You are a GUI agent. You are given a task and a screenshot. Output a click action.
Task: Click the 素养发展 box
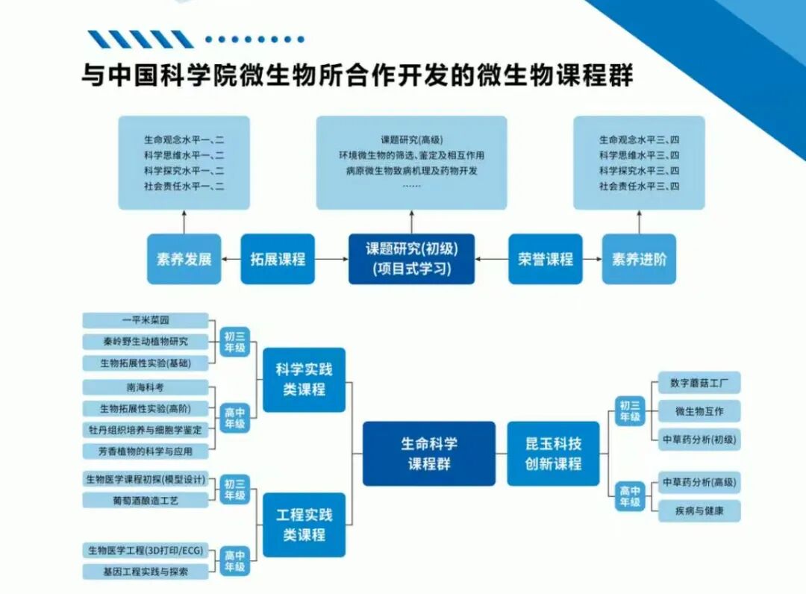(184, 259)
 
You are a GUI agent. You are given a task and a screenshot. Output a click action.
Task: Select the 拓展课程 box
(278, 259)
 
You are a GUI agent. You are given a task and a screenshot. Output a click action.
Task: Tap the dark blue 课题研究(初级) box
(411, 259)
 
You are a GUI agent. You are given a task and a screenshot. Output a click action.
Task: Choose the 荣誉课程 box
(546, 259)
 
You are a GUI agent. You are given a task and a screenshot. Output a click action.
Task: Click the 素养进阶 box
(639, 259)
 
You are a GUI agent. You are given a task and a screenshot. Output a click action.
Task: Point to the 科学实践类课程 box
(304, 379)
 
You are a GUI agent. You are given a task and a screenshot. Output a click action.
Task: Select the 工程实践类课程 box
(304, 525)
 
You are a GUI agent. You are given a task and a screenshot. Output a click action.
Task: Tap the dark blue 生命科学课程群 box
(429, 453)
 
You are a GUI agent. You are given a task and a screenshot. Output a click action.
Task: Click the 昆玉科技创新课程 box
(553, 453)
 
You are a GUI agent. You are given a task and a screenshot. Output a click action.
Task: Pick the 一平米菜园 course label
(146, 320)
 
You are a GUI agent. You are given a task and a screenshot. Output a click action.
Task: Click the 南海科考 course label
(146, 387)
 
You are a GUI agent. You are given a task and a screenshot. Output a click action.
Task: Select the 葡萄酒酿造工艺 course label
(146, 500)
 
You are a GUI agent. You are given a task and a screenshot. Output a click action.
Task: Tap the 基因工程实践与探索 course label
(146, 572)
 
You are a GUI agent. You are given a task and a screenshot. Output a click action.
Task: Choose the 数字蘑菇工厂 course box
(699, 383)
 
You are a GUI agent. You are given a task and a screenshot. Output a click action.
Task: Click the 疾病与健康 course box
(699, 511)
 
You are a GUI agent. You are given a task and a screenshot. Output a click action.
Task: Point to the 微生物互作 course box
(699, 411)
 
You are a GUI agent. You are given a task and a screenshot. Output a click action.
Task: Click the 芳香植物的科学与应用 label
(146, 451)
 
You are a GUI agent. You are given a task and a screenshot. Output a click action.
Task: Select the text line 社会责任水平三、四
(639, 187)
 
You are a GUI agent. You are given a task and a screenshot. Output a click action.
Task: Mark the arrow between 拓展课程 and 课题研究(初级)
(331, 259)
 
